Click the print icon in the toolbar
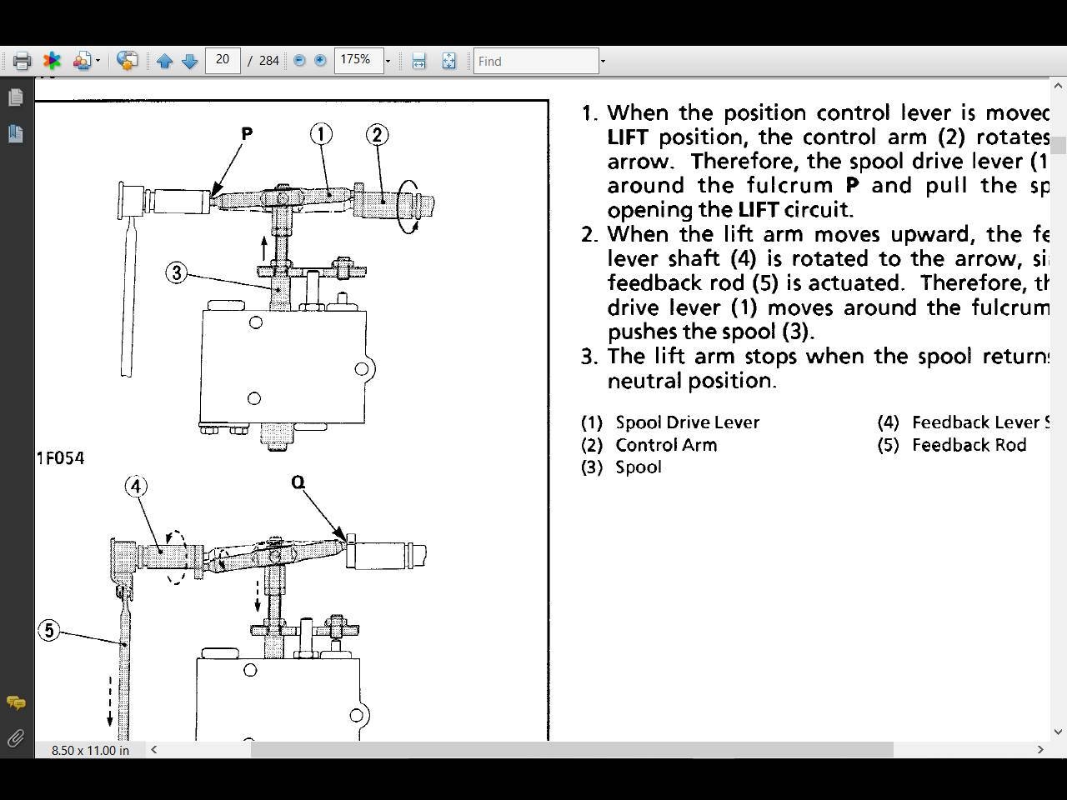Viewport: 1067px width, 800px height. click(22, 61)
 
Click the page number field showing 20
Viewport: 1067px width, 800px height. click(223, 60)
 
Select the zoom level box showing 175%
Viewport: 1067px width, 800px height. click(358, 60)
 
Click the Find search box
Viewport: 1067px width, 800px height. click(535, 61)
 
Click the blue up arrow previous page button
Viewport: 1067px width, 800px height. click(164, 61)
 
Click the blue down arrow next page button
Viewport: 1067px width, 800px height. click(189, 61)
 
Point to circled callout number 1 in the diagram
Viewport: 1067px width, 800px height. click(321, 133)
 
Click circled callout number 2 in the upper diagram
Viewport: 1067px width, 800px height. click(377, 134)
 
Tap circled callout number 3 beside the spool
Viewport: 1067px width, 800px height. click(176, 272)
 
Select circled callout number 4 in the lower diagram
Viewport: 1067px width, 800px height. click(136, 486)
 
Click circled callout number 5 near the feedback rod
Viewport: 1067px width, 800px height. click(49, 630)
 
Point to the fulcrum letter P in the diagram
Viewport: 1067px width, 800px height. click(247, 133)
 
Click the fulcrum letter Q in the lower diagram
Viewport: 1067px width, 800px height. click(298, 482)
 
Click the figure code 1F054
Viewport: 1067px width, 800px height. click(60, 458)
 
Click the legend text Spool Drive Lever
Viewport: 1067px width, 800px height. click(687, 422)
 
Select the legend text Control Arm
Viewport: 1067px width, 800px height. click(666, 445)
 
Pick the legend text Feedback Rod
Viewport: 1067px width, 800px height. click(969, 445)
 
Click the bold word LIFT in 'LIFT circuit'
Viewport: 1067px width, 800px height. click(758, 209)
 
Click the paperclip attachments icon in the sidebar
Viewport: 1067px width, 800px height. click(15, 738)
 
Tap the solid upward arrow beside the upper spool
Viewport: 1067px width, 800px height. click(264, 247)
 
